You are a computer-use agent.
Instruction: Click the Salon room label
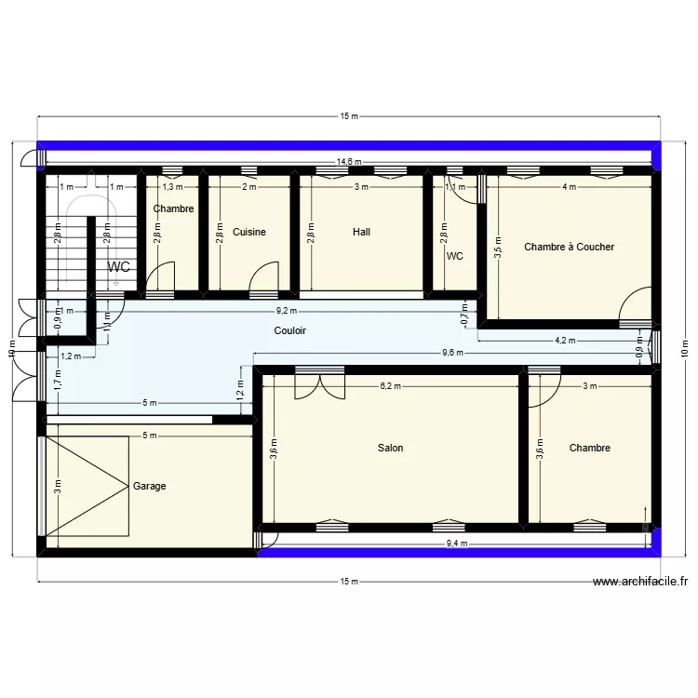click(x=390, y=449)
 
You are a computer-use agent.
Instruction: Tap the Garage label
click(x=149, y=486)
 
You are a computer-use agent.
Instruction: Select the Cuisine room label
click(x=249, y=232)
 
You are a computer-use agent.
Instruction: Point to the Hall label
click(x=361, y=232)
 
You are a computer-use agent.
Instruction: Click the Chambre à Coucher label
click(x=569, y=247)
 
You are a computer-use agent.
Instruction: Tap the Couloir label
click(x=290, y=330)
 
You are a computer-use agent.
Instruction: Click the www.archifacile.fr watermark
click(x=640, y=583)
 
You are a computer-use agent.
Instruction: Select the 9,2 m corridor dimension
click(x=287, y=311)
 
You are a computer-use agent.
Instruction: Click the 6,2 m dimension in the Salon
click(x=390, y=386)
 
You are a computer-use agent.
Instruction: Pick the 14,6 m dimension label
click(x=349, y=162)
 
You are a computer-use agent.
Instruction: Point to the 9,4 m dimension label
click(x=456, y=544)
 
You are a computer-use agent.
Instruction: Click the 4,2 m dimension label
click(x=565, y=341)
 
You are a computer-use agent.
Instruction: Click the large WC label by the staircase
click(x=118, y=267)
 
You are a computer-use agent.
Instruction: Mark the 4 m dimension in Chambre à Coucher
click(x=569, y=187)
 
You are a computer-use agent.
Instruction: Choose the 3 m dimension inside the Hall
click(x=361, y=187)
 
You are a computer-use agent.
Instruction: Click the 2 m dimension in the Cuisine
click(x=248, y=187)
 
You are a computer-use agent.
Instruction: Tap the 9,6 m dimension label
click(x=452, y=353)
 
